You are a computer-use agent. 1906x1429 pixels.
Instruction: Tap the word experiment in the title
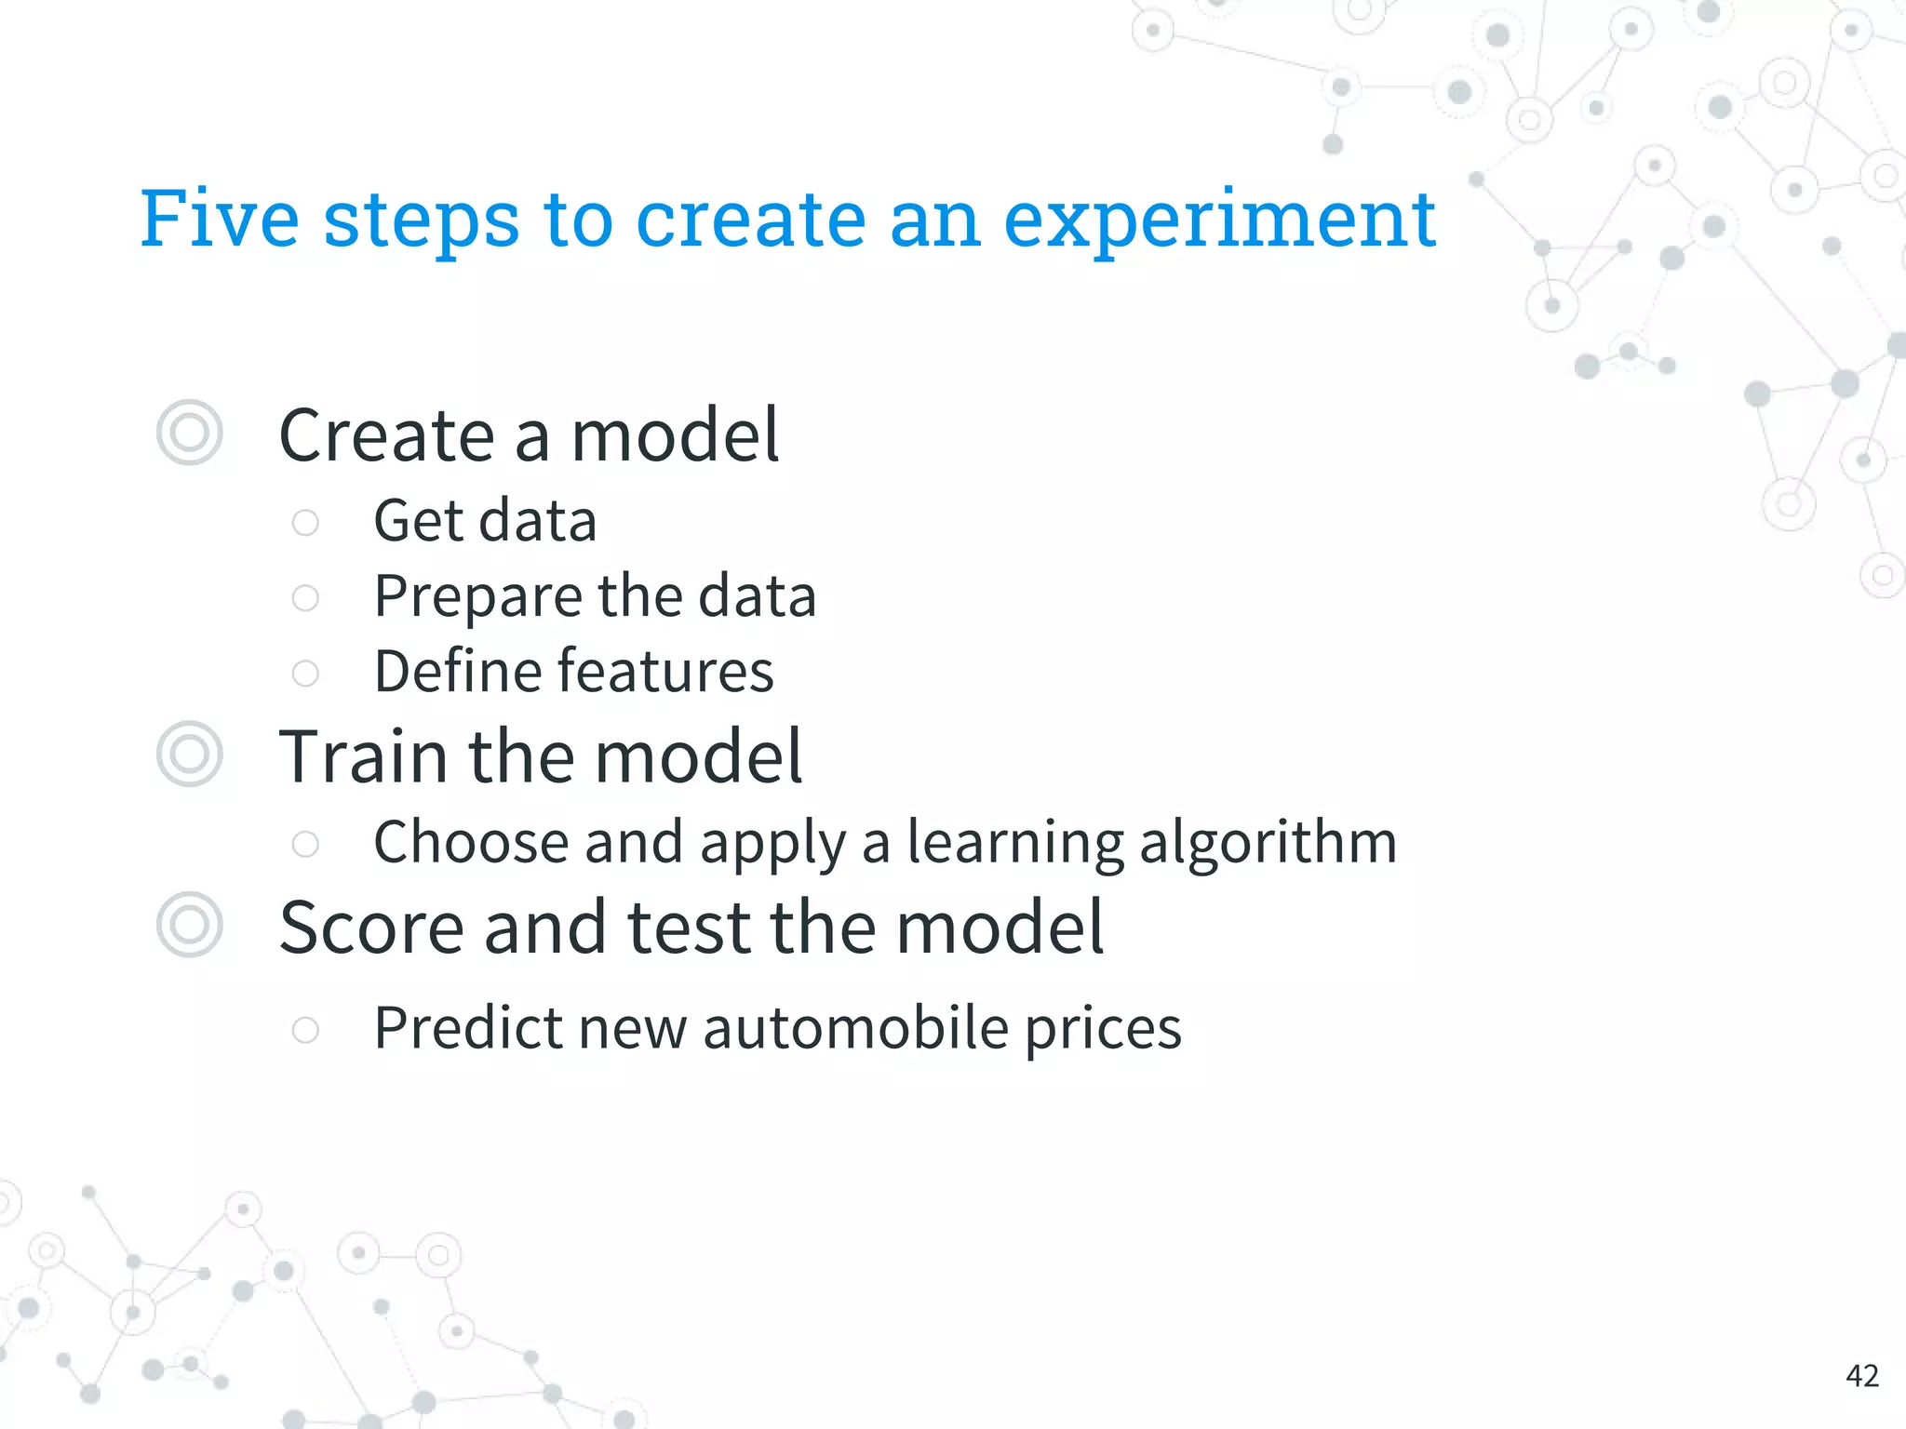(x=1219, y=221)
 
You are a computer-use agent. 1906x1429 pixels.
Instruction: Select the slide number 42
(x=1862, y=1375)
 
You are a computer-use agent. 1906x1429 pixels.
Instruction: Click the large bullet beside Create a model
(x=190, y=433)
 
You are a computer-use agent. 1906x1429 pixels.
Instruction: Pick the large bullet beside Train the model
(x=190, y=754)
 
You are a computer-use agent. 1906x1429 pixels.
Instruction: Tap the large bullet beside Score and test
(x=190, y=925)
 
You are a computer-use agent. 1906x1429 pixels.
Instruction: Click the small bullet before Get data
(x=305, y=522)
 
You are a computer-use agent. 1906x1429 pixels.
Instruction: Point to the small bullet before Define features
(x=305, y=673)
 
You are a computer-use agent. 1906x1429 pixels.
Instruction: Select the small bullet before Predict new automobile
(x=305, y=1029)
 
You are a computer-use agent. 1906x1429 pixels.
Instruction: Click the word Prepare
(x=476, y=597)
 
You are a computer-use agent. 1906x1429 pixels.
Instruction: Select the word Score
(x=371, y=928)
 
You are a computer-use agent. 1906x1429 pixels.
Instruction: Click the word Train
(x=364, y=756)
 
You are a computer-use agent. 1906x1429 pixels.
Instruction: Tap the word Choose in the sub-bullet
(x=471, y=843)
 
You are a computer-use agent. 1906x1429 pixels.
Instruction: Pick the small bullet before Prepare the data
(x=305, y=597)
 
